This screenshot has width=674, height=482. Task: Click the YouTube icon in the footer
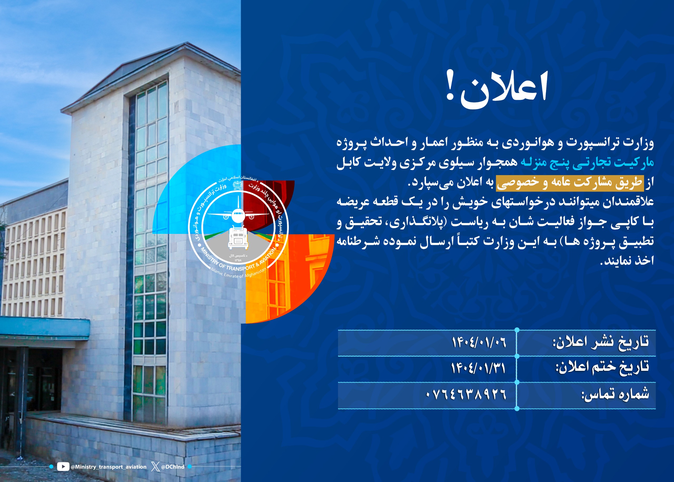(63, 466)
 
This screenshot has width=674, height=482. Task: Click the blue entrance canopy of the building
(44, 327)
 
